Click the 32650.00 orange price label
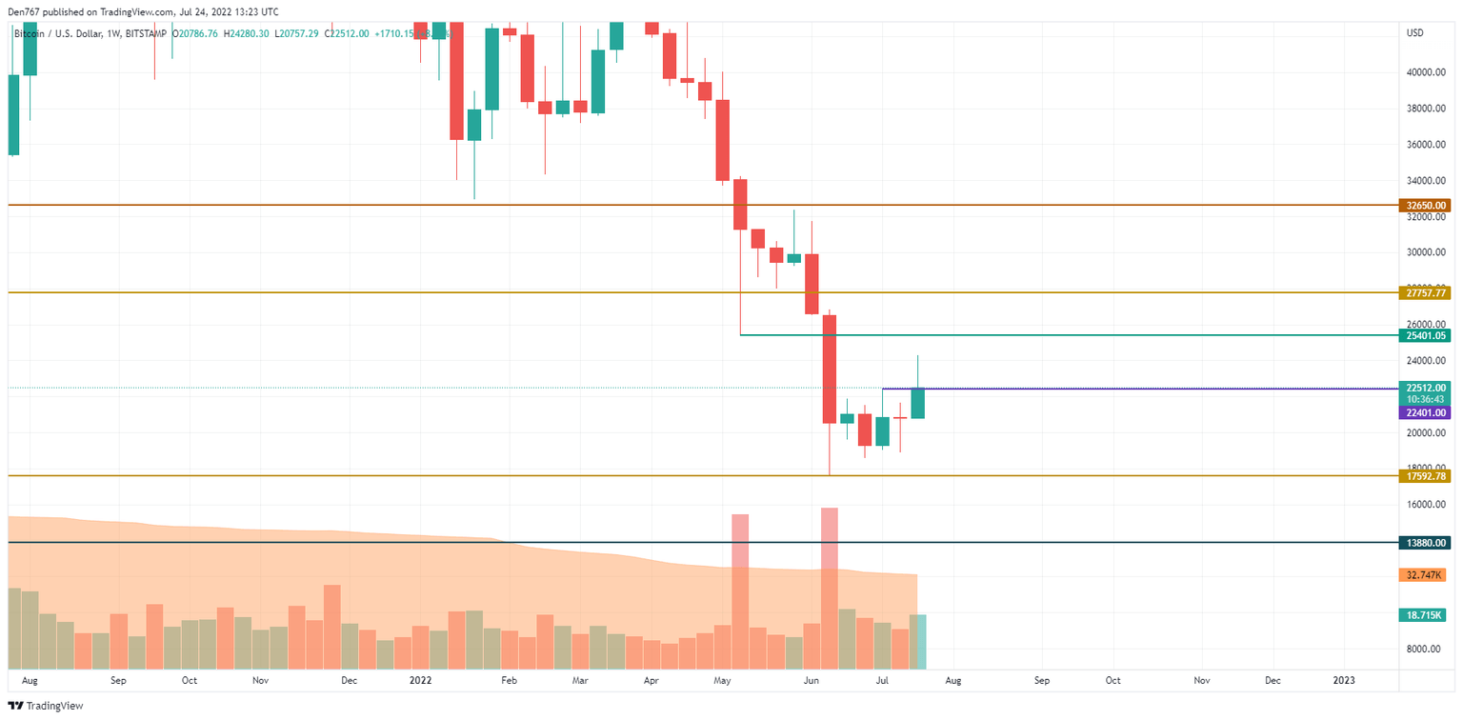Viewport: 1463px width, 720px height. point(1426,205)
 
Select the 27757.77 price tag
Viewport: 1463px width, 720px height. point(1426,293)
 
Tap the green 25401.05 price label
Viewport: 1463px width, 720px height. point(1426,335)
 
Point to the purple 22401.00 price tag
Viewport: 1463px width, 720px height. point(1426,412)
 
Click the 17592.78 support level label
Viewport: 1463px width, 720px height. point(1426,475)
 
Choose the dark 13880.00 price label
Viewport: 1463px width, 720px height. point(1426,542)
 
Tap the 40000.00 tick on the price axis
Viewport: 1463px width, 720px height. point(1426,72)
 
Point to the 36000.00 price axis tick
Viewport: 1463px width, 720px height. point(1426,145)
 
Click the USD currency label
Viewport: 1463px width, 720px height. point(1414,33)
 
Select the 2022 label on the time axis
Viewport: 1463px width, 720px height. point(420,681)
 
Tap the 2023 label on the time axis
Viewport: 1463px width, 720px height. point(1344,681)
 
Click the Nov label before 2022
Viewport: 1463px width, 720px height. point(261,681)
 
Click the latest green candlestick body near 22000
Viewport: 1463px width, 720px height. point(918,403)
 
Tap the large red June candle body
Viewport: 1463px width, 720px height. point(830,370)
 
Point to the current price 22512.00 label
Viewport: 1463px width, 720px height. point(1426,388)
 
